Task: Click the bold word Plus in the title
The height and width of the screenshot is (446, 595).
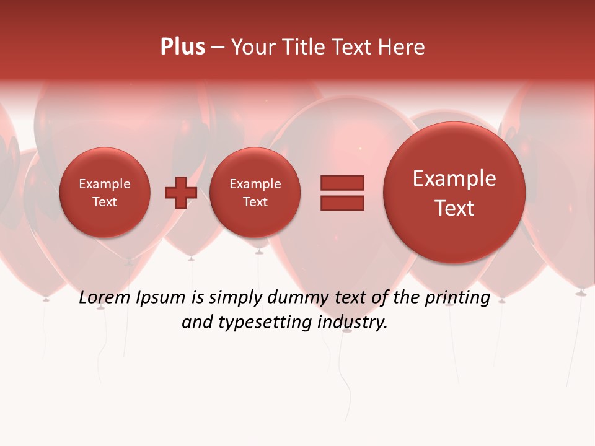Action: [x=183, y=47]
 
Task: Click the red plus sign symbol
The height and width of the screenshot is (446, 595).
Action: [x=180, y=193]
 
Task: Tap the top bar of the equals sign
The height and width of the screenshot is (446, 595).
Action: [x=342, y=183]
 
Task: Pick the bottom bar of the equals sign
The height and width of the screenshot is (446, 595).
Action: [x=342, y=203]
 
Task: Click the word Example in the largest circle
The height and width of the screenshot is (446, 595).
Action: [x=454, y=178]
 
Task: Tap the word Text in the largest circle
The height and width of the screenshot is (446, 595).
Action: [x=454, y=208]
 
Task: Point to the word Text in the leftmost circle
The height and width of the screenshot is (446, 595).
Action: [x=105, y=202]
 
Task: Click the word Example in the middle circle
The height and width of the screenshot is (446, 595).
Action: [x=255, y=184]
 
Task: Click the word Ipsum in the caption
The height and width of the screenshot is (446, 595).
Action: [x=161, y=298]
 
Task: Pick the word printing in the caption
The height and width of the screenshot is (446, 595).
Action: [x=457, y=298]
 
